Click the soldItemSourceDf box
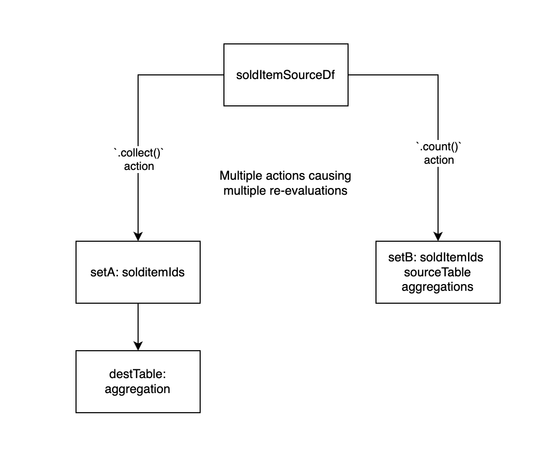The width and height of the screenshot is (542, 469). point(285,75)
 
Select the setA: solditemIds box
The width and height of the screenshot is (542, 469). point(138,272)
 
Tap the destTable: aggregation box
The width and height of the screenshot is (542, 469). point(138,381)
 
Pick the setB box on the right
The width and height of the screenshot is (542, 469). point(438,272)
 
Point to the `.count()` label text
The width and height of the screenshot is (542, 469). point(439,147)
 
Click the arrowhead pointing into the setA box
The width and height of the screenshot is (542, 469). point(138,236)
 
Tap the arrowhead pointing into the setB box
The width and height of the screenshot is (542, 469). point(438,236)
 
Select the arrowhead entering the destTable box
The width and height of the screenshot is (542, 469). point(138,346)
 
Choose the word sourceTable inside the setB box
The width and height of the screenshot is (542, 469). point(437,272)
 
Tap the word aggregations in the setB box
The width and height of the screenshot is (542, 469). point(437,286)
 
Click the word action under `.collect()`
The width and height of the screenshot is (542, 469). point(139,166)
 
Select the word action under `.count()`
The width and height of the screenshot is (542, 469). point(439,160)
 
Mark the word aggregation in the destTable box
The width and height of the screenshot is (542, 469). point(138,389)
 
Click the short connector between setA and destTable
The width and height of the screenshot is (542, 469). point(138,323)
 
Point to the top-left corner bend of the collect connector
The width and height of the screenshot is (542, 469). point(138,75)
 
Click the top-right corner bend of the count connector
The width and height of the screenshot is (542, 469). point(438,75)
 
